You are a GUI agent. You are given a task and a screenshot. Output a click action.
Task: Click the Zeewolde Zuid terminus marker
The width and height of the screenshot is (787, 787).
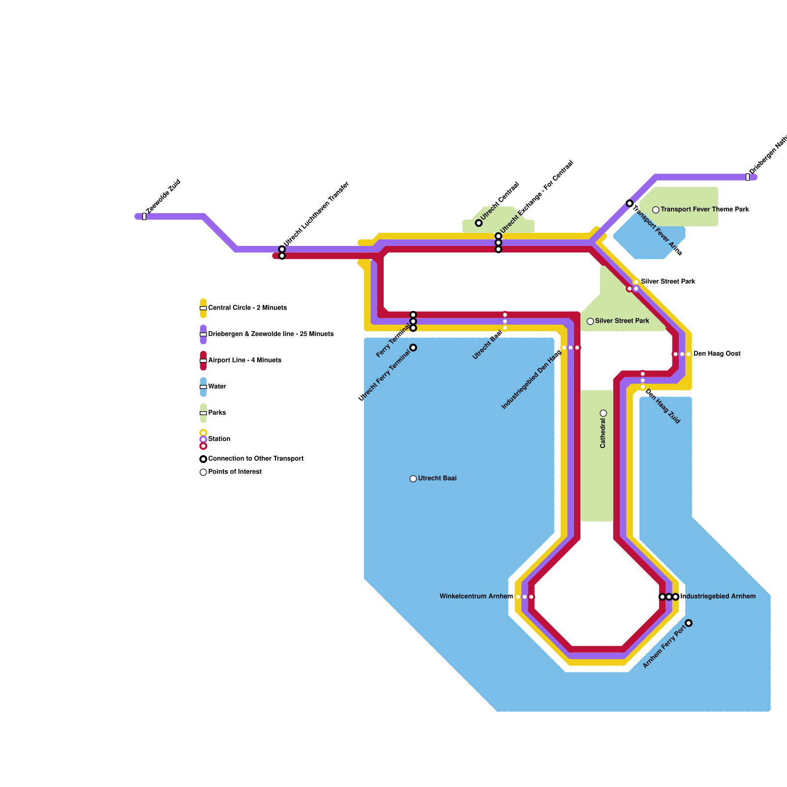144,216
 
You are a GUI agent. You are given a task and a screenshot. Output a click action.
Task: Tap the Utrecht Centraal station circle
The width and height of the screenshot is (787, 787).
479,223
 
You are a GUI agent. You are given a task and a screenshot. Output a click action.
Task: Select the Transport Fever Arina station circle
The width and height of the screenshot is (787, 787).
630,203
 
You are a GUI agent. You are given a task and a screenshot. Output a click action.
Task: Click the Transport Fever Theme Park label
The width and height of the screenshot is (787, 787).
704,210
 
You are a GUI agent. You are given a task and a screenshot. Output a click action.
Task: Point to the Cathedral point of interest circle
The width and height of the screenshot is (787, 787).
604,413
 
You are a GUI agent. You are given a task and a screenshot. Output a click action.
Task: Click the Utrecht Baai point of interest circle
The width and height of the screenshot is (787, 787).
413,479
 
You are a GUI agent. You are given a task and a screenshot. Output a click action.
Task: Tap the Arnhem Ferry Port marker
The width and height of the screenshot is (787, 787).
689,623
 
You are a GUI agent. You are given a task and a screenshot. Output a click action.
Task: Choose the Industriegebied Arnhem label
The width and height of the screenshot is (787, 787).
718,597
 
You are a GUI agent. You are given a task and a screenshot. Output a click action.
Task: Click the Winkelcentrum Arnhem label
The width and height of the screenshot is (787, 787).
476,597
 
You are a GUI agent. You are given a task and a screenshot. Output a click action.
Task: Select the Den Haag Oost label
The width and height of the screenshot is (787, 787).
717,354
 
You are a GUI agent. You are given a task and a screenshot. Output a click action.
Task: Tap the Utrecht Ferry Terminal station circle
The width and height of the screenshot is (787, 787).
413,348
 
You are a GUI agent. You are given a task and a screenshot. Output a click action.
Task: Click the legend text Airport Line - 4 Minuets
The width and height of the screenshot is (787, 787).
244,361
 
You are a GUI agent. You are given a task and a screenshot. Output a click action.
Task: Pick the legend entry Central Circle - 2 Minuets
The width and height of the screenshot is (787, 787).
247,308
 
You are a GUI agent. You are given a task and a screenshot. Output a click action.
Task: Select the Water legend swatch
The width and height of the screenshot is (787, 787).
203,387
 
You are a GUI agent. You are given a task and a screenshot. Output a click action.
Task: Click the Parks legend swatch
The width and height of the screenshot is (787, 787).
203,413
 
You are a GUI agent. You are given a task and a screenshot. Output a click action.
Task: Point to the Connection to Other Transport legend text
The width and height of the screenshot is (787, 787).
255,459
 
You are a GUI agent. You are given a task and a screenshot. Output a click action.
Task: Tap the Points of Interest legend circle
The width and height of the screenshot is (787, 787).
203,472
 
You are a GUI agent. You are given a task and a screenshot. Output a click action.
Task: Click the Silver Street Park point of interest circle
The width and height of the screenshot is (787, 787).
590,321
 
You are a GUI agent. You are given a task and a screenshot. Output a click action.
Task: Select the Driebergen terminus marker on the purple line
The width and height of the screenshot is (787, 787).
748,177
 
